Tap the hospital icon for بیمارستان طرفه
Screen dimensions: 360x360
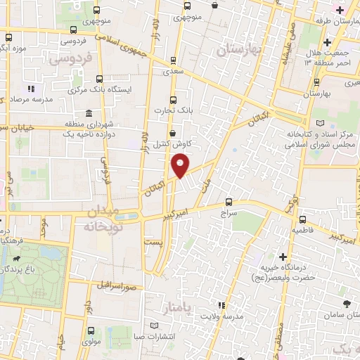(x=340, y=10)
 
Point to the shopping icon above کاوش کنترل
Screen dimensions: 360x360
(x=173, y=133)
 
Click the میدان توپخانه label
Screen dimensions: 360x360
(x=103, y=219)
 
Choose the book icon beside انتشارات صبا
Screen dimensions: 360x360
(x=154, y=326)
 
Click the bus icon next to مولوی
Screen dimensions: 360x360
(x=91, y=330)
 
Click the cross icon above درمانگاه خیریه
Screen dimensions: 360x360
(x=283, y=257)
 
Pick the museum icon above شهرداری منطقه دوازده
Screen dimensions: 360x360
(x=89, y=113)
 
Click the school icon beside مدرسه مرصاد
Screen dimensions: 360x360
(x=31, y=89)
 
